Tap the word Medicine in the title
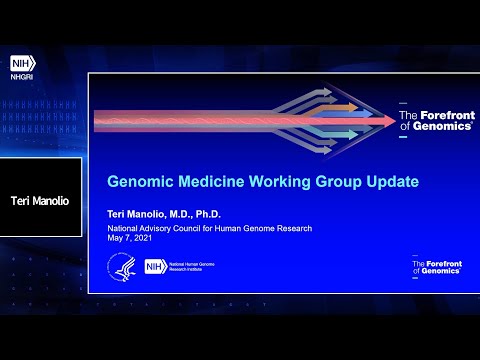[208, 182]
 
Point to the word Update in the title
[363, 182]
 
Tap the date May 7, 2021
[132, 238]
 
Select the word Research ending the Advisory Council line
[291, 228]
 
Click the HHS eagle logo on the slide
[120, 266]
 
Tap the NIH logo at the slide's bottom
[154, 267]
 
